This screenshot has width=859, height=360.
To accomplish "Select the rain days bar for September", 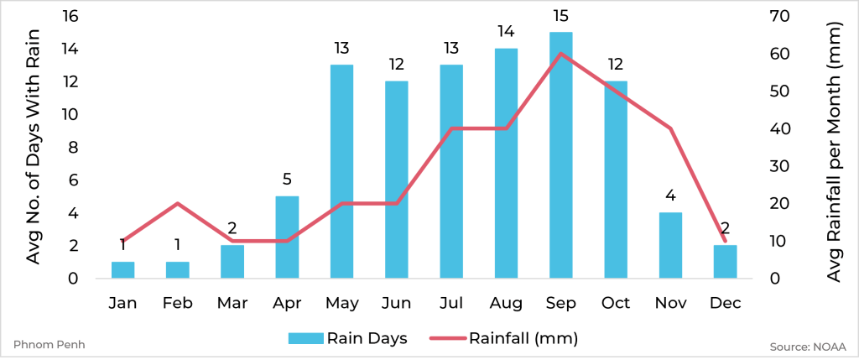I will tap(560, 155).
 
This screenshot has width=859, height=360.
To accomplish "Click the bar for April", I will tap(287, 237).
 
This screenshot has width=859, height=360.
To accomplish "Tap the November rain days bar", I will tap(670, 245).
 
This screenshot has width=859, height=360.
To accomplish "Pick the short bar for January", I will tap(122, 269).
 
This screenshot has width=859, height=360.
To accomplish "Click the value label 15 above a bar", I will tap(560, 17).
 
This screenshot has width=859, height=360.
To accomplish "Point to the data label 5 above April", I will tap(287, 179).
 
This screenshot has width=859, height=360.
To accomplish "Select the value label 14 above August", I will tap(506, 32).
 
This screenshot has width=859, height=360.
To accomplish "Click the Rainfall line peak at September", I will tap(560, 54).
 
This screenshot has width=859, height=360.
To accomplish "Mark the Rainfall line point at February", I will tap(177, 204).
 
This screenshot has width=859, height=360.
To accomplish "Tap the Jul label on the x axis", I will tap(450, 303).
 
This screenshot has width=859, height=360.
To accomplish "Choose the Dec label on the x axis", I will tap(725, 303).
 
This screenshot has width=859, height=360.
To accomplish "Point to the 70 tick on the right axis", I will tap(779, 17).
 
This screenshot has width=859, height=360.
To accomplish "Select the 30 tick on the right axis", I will tap(779, 166).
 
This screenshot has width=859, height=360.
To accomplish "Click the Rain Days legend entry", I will tap(347, 338).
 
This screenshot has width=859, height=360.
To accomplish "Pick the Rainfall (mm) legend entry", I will tap(503, 338).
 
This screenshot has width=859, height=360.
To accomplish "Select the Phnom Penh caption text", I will tap(49, 345).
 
